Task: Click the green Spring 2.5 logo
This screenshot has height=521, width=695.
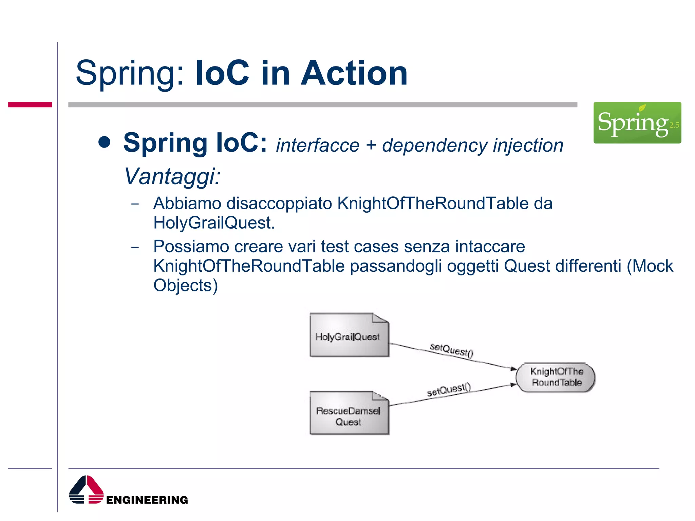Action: tap(637, 122)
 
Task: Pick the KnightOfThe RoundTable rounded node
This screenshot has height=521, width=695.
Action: tap(556, 377)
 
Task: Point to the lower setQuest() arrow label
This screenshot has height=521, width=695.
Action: tap(449, 389)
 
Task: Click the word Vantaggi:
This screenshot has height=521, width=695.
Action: tap(172, 176)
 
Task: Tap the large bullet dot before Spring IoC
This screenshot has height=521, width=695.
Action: tap(105, 142)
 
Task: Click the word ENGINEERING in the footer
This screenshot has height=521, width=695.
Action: tap(147, 500)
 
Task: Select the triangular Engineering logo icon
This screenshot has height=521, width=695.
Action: tap(86, 490)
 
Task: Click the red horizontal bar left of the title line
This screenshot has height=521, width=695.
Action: tap(30, 104)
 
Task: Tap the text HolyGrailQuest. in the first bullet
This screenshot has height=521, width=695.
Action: tap(214, 223)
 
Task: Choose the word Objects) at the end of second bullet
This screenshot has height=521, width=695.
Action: tap(185, 285)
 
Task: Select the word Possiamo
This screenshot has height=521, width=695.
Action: tap(191, 246)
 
